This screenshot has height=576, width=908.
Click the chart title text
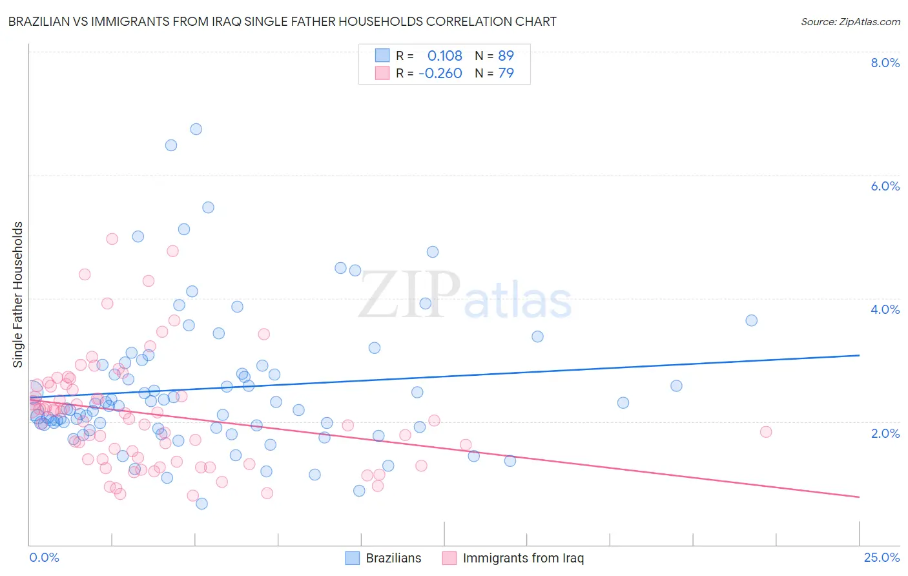pos(282,21)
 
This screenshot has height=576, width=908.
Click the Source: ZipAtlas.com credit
pos(850,21)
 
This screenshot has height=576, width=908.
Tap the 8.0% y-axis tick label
pos(885,63)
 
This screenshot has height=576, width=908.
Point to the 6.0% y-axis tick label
pos(885,186)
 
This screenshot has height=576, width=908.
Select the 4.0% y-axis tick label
pos(885,309)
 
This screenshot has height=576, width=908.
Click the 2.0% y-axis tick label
pos(885,433)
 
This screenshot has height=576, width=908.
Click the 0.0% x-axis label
pos(44,557)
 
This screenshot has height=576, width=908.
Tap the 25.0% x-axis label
pos(882,557)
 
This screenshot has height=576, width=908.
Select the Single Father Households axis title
pos(18,294)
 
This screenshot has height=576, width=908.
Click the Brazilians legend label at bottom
pos(393,558)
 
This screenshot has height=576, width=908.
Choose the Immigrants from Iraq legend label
pos(523,558)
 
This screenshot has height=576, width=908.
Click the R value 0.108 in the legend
pos(444,56)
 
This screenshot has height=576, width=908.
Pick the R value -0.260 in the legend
pos(440,74)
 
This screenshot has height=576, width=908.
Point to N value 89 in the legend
pos(506,56)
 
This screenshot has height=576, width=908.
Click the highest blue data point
pos(196,129)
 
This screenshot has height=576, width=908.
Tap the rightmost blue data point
pos(751,320)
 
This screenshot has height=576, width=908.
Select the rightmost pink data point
pos(766,432)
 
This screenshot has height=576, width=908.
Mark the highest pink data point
pos(112,239)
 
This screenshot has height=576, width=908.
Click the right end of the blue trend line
pos(859,355)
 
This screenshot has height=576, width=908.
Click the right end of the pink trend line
pos(859,497)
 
